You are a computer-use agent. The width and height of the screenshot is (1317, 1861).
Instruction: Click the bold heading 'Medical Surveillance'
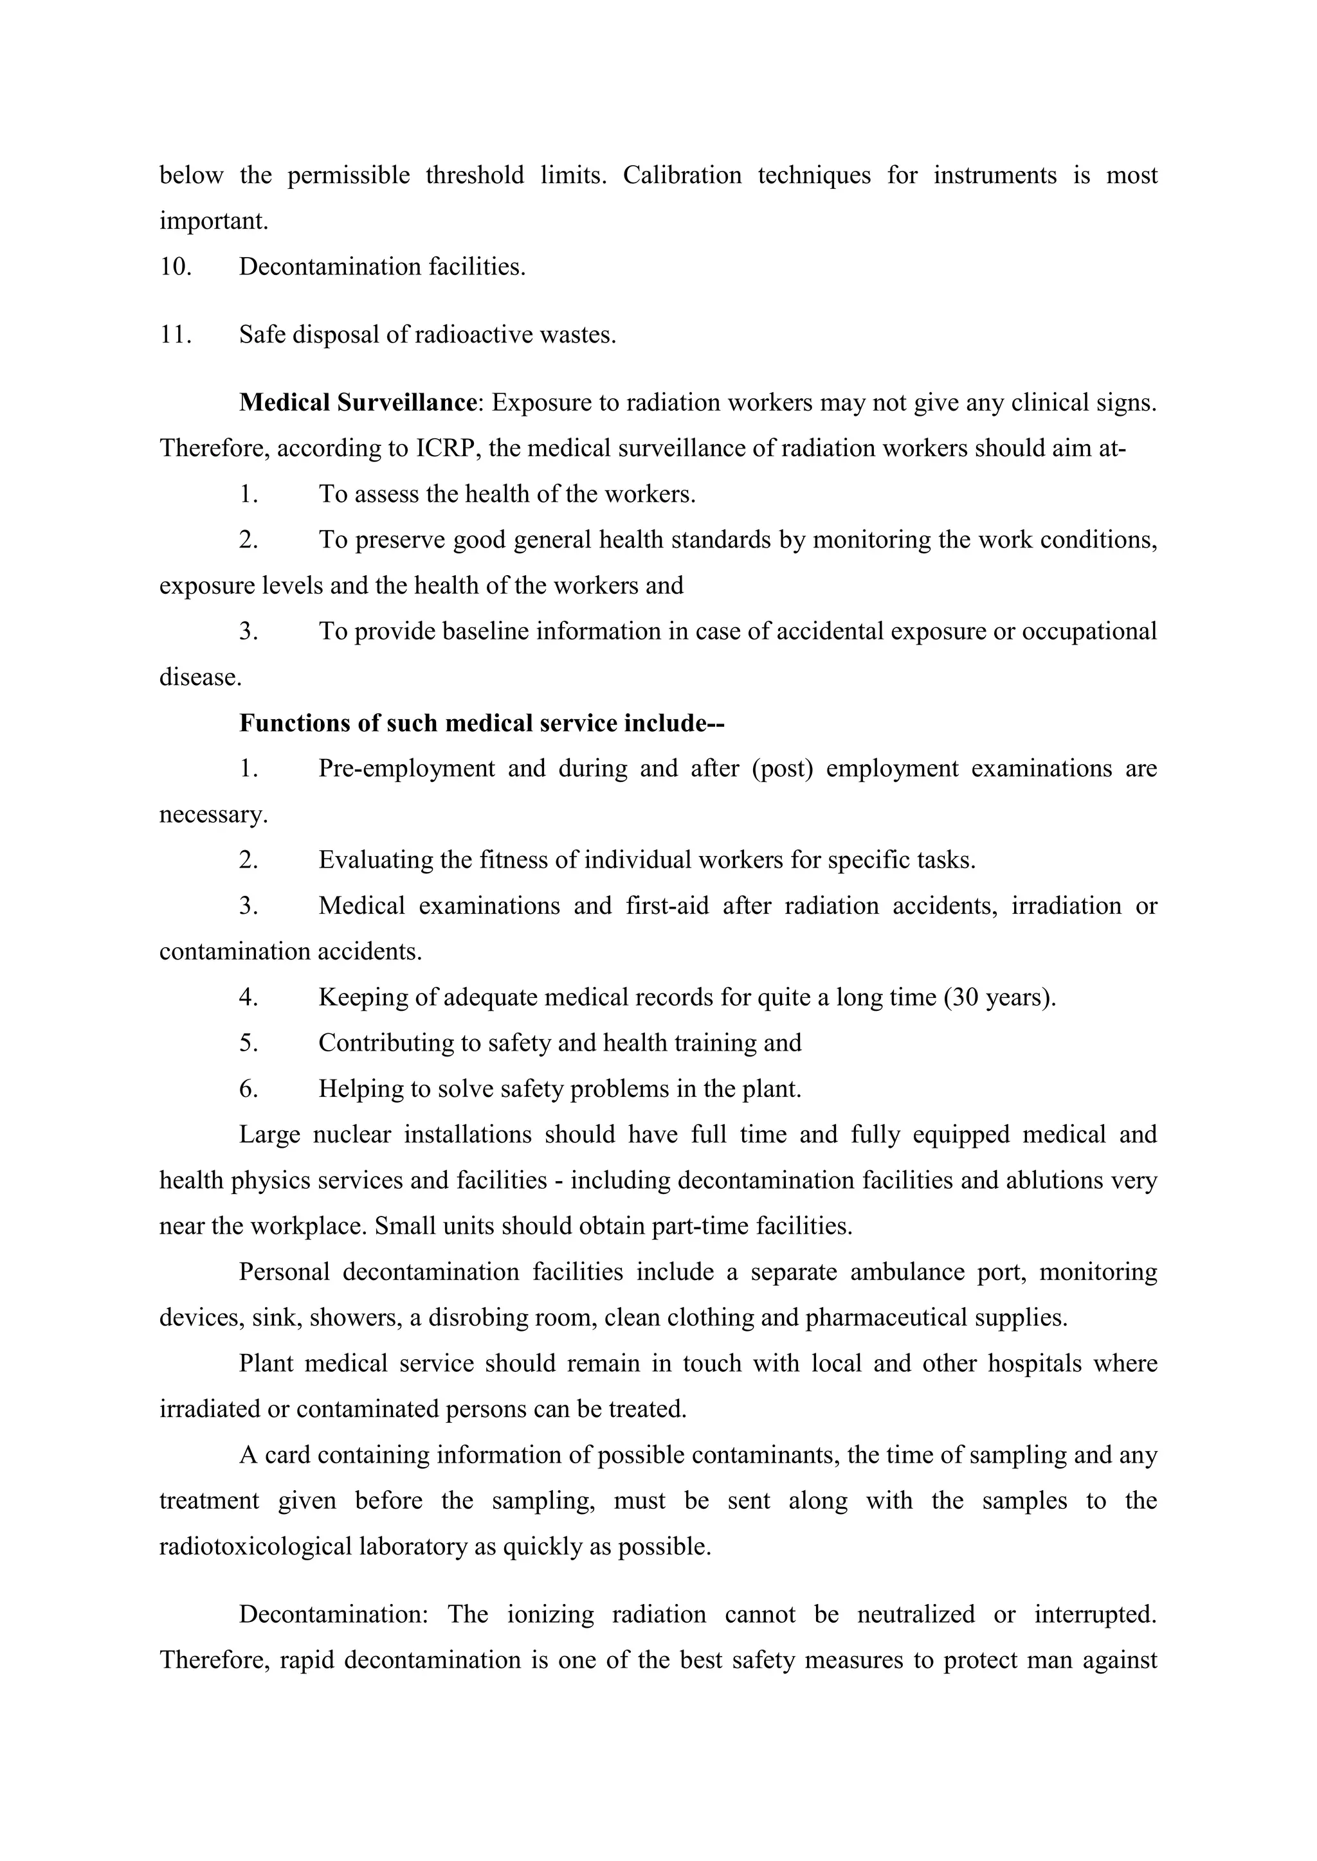click(357, 403)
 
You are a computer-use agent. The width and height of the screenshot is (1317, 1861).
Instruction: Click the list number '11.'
click(175, 335)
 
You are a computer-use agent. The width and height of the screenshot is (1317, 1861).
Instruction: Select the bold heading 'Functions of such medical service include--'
click(481, 723)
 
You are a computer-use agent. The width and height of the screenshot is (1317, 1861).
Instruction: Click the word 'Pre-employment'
click(406, 769)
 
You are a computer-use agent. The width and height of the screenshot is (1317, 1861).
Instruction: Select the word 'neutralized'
click(916, 1615)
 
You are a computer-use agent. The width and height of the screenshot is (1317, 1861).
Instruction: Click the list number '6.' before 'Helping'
click(248, 1089)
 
